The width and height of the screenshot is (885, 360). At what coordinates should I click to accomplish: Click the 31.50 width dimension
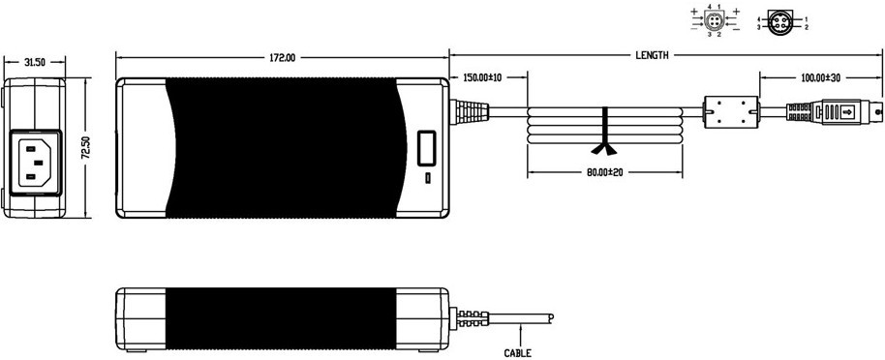[x=35, y=62]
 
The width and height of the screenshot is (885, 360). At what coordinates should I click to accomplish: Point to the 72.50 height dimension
[x=85, y=148]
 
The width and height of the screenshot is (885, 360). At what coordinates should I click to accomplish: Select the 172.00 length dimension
[x=282, y=57]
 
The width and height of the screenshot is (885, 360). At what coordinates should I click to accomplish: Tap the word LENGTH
[x=652, y=55]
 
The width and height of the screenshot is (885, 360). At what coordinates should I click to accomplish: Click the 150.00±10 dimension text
[x=482, y=77]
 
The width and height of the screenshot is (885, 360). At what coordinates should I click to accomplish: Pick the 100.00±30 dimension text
[x=821, y=77]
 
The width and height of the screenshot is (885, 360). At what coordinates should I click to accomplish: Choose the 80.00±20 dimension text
[x=604, y=172]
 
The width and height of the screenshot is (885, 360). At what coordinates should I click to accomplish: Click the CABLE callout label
[x=518, y=353]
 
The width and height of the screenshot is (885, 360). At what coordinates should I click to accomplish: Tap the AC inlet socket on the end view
[x=35, y=163]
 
